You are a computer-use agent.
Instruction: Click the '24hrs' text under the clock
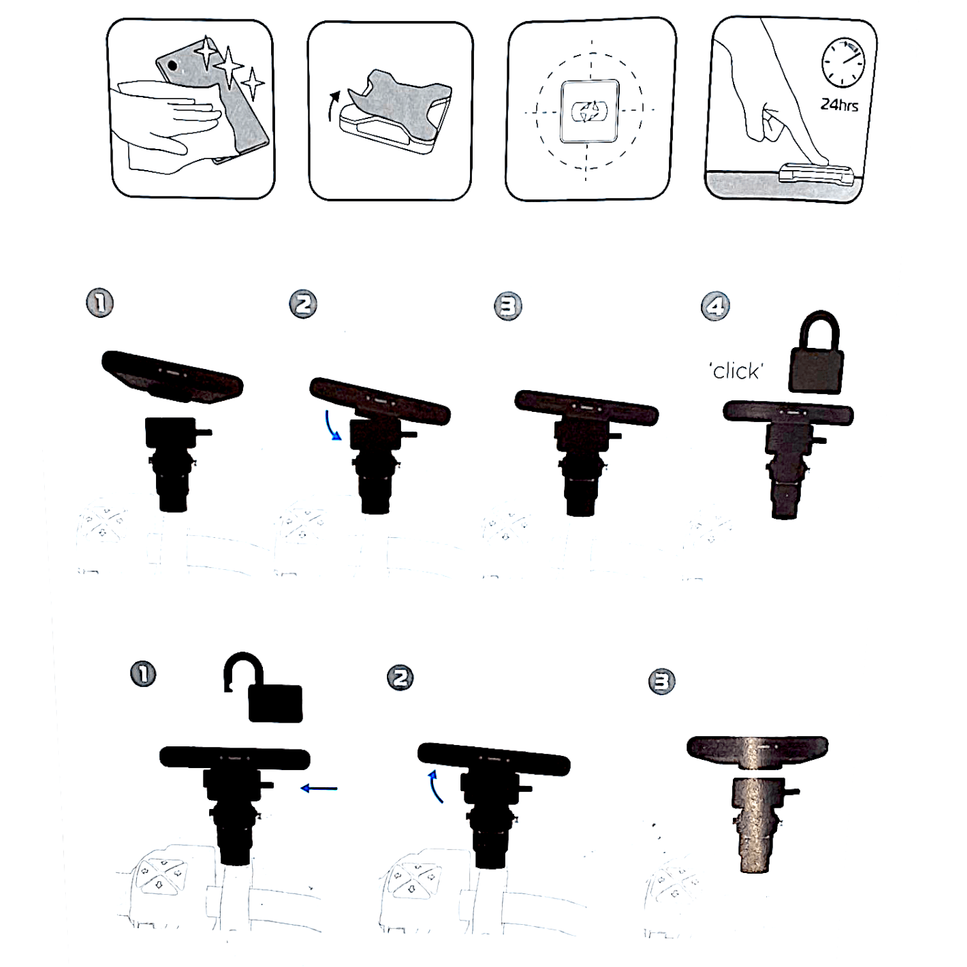[839, 104]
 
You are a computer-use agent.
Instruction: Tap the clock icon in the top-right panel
[842, 62]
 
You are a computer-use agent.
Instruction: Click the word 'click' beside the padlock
[737, 371]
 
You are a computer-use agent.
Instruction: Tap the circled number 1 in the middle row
[100, 303]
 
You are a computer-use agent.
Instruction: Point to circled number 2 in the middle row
[303, 304]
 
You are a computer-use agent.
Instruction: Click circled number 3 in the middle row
[508, 306]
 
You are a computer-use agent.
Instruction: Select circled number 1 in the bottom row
[143, 674]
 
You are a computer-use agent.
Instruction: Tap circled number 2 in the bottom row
[400, 677]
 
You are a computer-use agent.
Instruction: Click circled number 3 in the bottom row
[661, 681]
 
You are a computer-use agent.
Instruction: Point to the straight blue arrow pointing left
[318, 789]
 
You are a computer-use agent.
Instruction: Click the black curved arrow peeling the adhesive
[332, 105]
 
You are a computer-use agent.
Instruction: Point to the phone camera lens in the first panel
[172, 65]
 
